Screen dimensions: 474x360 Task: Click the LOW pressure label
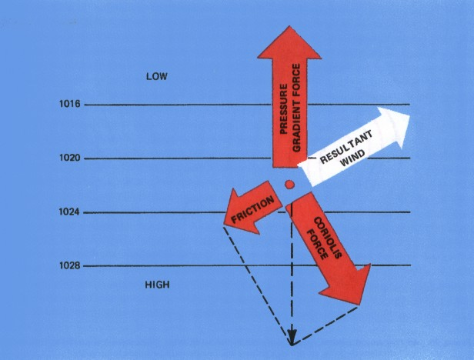pos(157,76)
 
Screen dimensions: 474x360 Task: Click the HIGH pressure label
pos(157,285)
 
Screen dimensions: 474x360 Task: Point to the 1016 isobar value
pos(70,105)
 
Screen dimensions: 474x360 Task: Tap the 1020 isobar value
pos(70,158)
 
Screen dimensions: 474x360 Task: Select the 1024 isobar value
pos(69,212)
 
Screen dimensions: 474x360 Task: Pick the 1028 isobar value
pos(70,265)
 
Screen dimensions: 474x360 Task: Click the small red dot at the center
pos(289,184)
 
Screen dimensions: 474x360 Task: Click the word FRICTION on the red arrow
pos(253,209)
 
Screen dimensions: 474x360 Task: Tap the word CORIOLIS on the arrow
pos(328,238)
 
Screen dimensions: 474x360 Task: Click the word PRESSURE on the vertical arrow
pos(283,109)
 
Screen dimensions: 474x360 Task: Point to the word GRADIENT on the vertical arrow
pos(296,125)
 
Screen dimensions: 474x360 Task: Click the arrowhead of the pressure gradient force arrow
pos(289,42)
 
